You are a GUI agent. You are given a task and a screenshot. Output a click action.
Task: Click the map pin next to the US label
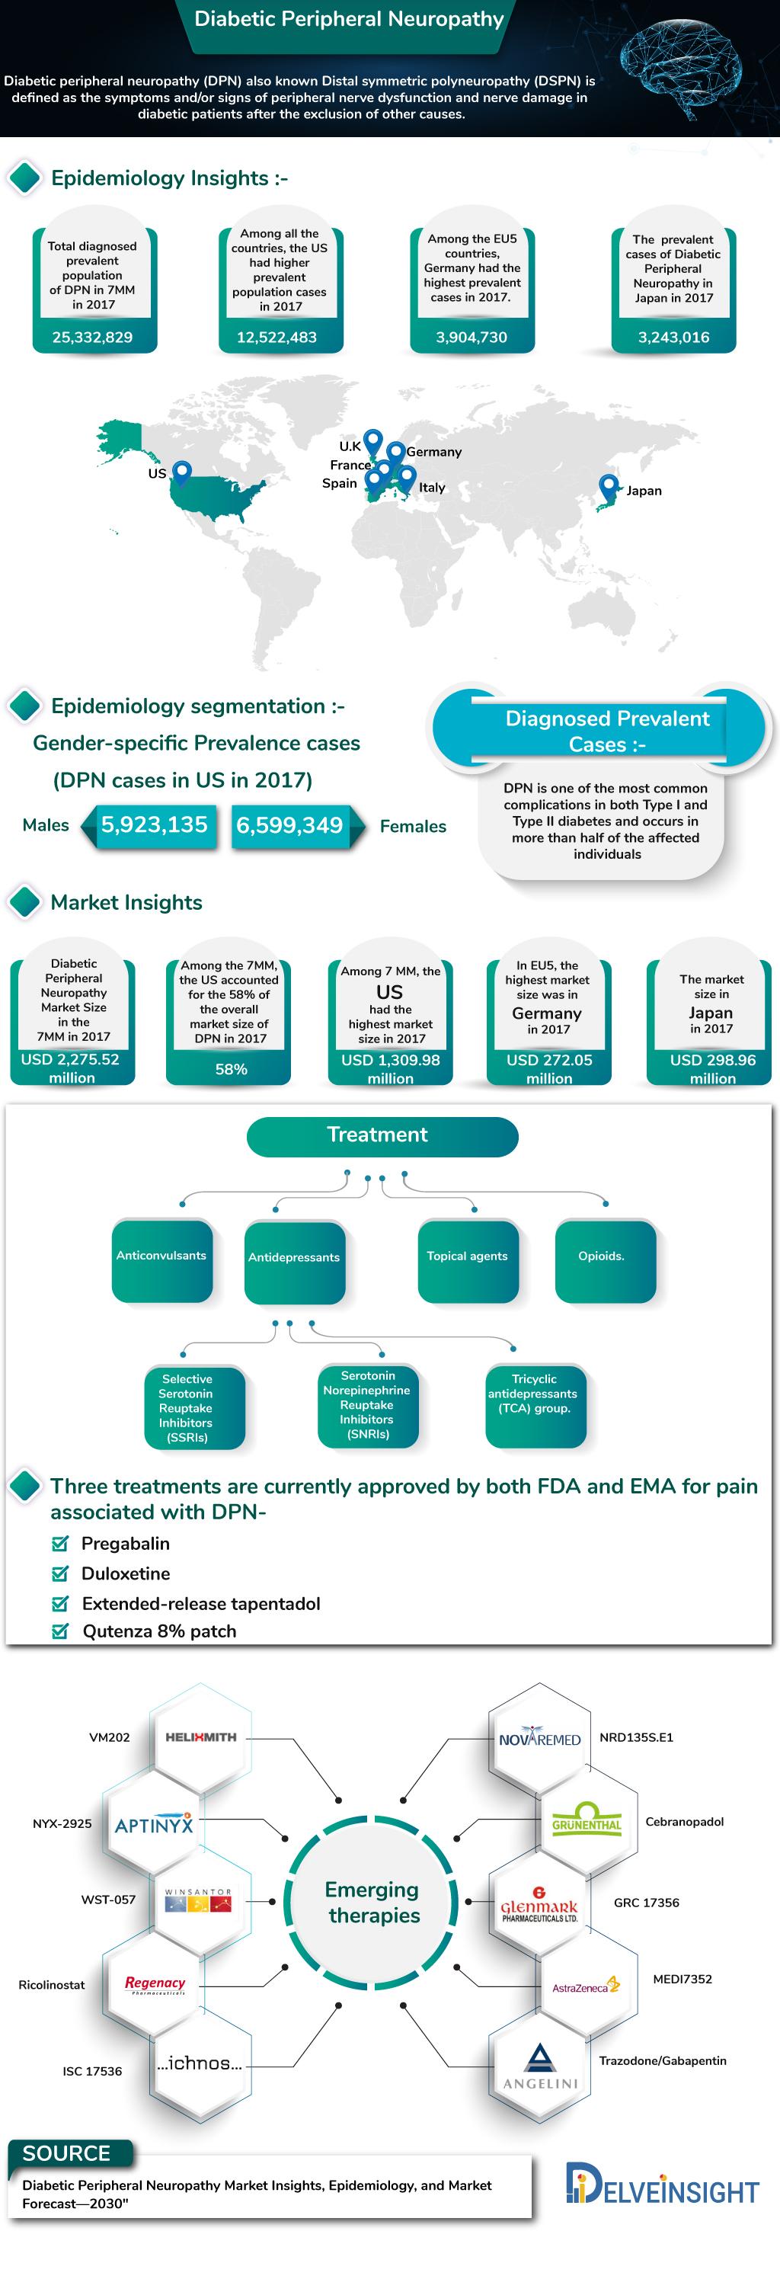click(181, 472)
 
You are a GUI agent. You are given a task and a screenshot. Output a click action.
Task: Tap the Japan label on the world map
click(644, 490)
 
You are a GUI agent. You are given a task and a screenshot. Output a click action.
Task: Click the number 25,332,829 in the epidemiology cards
click(92, 337)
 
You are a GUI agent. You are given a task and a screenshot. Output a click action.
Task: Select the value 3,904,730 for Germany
click(472, 337)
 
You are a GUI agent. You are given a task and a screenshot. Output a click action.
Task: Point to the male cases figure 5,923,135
click(154, 824)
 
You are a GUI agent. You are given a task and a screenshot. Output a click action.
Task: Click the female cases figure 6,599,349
click(289, 825)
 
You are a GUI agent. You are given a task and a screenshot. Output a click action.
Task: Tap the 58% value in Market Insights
click(231, 1069)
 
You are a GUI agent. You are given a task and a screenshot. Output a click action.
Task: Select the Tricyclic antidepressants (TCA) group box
click(534, 1404)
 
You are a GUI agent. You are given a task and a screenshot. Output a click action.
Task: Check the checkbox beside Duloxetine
click(60, 1573)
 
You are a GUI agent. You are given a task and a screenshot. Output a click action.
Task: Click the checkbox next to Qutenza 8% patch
click(60, 1631)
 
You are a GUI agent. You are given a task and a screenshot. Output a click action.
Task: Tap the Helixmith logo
click(201, 1736)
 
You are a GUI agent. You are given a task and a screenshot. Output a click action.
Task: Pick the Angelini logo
click(539, 2067)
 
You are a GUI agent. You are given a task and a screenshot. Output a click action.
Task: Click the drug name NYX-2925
click(62, 1823)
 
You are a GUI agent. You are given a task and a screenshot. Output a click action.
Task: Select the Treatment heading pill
click(382, 1136)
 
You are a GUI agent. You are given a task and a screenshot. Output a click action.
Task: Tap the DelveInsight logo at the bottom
click(663, 2185)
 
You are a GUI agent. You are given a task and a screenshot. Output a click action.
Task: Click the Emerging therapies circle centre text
click(372, 1902)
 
